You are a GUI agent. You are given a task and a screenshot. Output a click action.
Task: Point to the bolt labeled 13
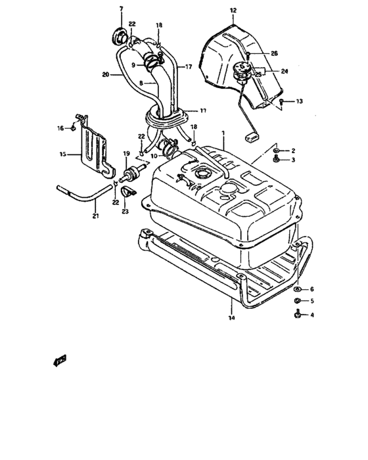click(282, 102)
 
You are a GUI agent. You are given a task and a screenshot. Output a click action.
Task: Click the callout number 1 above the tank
click(223, 133)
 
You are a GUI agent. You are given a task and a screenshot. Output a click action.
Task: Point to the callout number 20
click(105, 75)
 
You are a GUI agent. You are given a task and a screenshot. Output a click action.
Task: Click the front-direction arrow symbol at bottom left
click(60, 360)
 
